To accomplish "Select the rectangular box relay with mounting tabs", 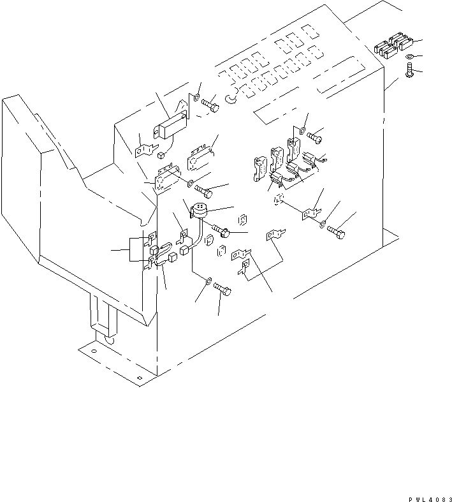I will [170, 124].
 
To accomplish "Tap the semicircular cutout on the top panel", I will [233, 98].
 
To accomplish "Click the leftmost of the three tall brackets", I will [260, 168].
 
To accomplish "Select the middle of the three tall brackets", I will [277, 161].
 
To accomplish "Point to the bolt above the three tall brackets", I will [314, 137].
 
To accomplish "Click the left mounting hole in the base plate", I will [94, 351].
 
